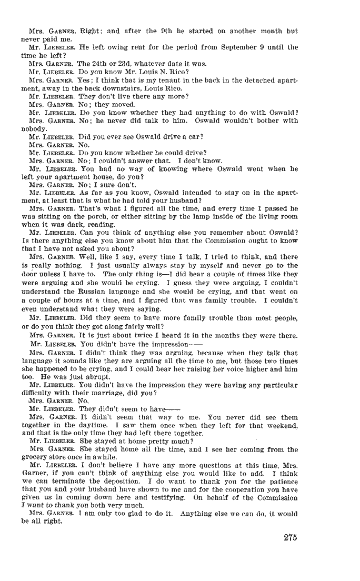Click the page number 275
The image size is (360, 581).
[290, 537]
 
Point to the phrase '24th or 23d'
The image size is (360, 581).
[98, 63]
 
